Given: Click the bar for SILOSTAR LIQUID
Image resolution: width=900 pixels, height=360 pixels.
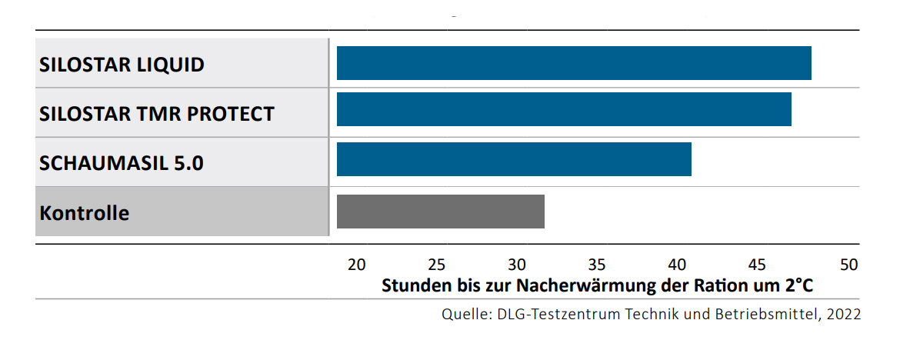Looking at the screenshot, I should click(x=574, y=63).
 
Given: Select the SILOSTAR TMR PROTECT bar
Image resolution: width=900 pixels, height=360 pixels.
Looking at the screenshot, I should click(x=564, y=109).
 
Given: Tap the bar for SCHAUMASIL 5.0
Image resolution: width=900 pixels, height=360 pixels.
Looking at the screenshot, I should click(x=514, y=158).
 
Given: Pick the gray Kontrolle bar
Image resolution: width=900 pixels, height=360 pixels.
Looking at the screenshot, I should click(x=440, y=212).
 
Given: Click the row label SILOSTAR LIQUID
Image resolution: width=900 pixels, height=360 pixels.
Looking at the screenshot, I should click(x=122, y=65).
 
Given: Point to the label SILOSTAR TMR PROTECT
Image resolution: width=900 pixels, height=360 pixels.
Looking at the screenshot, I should click(x=157, y=114).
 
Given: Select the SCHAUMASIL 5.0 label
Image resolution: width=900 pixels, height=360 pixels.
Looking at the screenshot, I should click(x=122, y=163).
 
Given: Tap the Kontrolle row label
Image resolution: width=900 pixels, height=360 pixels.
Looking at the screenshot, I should click(x=85, y=212).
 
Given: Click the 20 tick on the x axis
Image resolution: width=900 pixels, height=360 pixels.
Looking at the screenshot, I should click(x=356, y=265).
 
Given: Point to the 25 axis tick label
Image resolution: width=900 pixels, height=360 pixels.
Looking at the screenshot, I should click(x=436, y=265).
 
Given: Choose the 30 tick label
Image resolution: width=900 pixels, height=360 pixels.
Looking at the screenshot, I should click(x=517, y=265).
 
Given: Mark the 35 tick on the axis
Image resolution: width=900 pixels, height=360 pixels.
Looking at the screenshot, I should click(x=598, y=265).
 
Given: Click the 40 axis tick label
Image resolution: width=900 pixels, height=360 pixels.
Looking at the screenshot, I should click(x=678, y=265).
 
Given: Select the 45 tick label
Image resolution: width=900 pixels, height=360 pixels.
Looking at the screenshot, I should click(x=758, y=265).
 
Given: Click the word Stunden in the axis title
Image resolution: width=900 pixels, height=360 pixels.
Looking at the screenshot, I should click(x=413, y=285).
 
